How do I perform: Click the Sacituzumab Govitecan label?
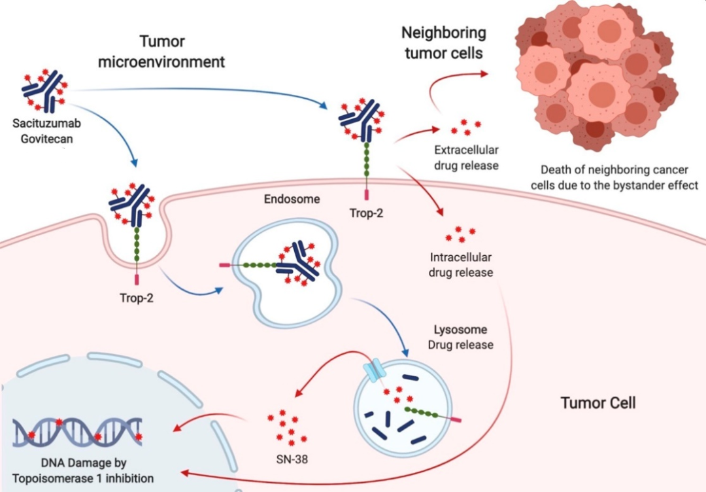tap(46, 131)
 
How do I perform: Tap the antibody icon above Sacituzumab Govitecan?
tap(45, 91)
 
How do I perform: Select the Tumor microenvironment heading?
tap(161, 52)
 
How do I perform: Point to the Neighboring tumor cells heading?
tap(443, 43)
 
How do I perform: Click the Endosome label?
tap(292, 199)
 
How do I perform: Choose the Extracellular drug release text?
tap(466, 158)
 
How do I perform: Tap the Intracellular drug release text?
tap(461, 264)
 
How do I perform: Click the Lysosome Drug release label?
tap(460, 337)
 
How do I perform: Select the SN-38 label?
tap(292, 459)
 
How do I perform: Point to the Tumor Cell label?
tap(598, 402)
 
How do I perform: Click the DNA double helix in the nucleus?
tap(77, 432)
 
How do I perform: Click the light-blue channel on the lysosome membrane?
tap(375, 371)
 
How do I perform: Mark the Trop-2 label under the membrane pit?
tap(137, 298)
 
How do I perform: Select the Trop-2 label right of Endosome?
tap(366, 213)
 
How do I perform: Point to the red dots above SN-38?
tap(287, 428)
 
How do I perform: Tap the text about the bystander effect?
tap(614, 177)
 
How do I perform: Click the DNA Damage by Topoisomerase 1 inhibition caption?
tap(83, 470)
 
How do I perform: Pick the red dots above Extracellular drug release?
tap(465, 127)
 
